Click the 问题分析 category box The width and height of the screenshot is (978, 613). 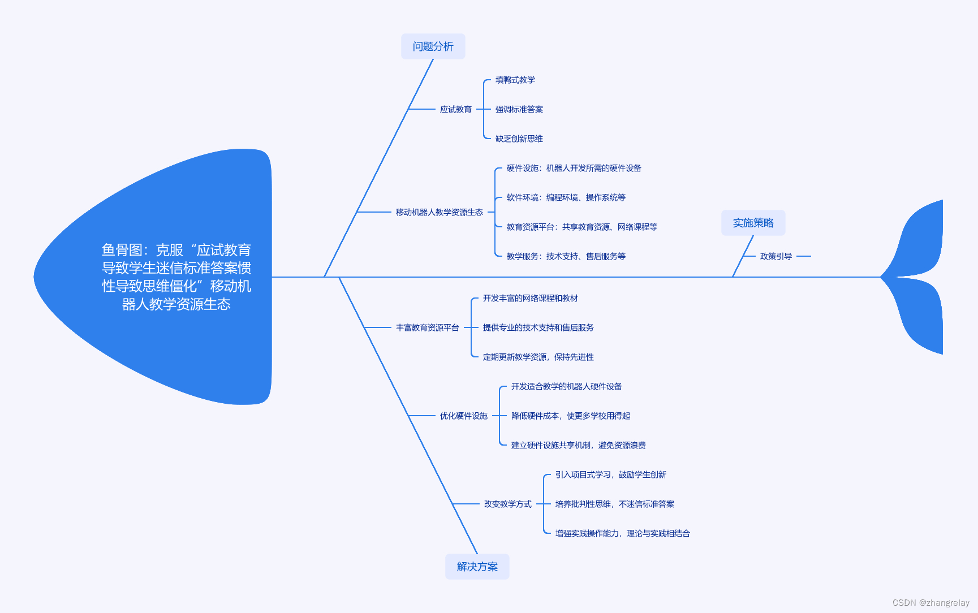pyautogui.click(x=433, y=46)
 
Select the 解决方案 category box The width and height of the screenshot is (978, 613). pyautogui.click(x=477, y=567)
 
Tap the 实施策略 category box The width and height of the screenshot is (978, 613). pyautogui.click(x=753, y=223)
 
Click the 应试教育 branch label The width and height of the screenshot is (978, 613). pyautogui.click(x=455, y=109)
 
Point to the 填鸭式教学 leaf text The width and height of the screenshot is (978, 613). pyautogui.click(x=515, y=80)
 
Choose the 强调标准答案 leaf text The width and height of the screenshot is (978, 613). pyautogui.click(x=519, y=109)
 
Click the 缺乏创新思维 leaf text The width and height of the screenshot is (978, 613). pyautogui.click(x=519, y=139)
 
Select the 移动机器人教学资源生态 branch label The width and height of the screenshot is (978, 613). pyautogui.click(x=439, y=212)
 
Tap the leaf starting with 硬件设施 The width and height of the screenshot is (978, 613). pyautogui.click(x=574, y=168)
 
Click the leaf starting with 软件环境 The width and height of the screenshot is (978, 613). pyautogui.click(x=566, y=197)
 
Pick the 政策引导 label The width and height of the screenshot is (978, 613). pyautogui.click(x=775, y=256)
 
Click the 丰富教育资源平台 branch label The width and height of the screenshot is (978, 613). pyautogui.click(x=427, y=327)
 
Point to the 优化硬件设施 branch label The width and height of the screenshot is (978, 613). pyautogui.click(x=463, y=416)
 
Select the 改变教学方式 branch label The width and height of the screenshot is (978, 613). pyautogui.click(x=507, y=504)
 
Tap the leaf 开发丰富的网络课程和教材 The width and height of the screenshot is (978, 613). pyautogui.click(x=530, y=298)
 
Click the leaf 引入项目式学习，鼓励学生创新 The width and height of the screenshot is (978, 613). pyautogui.click(x=610, y=474)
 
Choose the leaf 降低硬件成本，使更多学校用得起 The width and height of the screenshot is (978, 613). pyautogui.click(x=570, y=416)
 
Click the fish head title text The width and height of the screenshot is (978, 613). pyautogui.click(x=176, y=277)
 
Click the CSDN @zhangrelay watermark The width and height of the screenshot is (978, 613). pyautogui.click(x=930, y=603)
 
